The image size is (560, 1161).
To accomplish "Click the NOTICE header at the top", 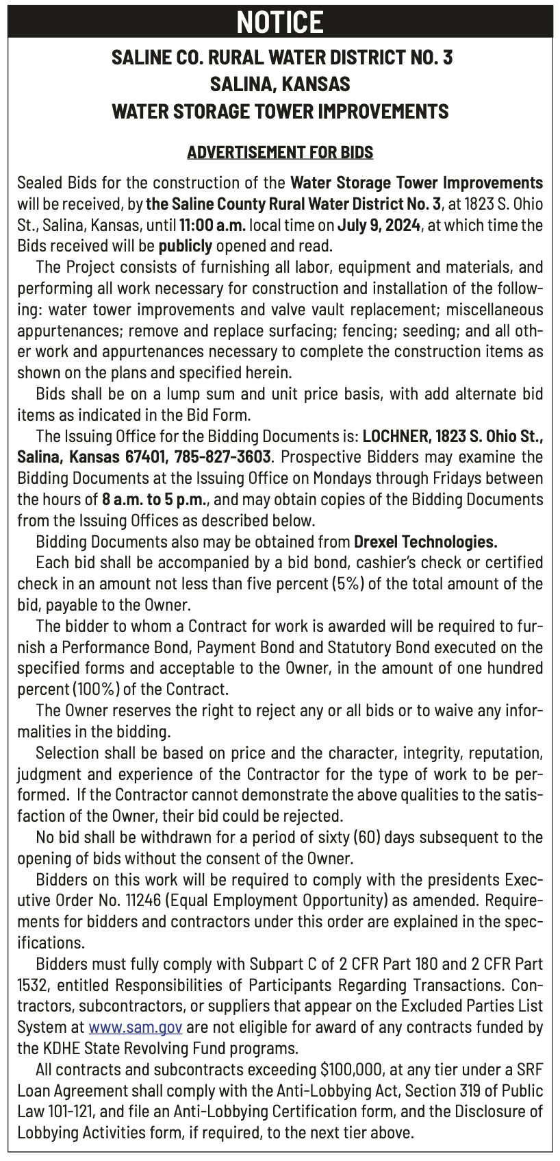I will tap(280, 22).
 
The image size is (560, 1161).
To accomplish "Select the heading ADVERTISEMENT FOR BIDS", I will tap(280, 151).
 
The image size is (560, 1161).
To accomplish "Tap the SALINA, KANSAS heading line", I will tap(280, 84).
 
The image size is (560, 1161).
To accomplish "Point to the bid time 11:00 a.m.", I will tap(212, 225).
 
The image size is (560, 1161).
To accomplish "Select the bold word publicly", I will tap(183, 246).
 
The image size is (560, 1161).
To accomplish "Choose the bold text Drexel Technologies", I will tap(425, 541).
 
